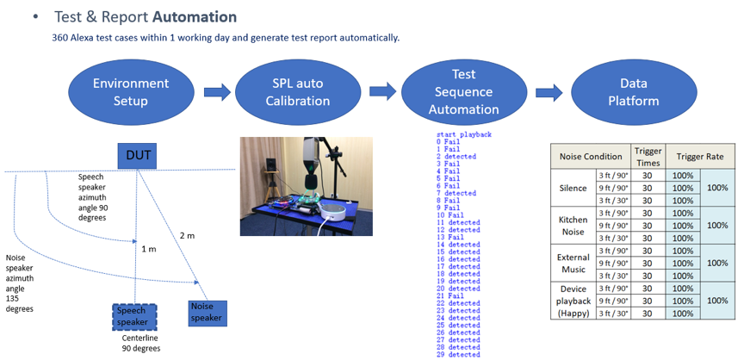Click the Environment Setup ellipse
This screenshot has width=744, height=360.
click(131, 92)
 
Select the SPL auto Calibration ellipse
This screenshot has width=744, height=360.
click(296, 92)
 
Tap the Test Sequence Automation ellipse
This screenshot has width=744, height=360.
click(463, 92)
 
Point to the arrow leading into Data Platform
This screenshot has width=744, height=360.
click(549, 92)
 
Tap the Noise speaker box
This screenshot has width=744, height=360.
click(207, 312)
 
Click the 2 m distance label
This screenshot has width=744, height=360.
click(187, 235)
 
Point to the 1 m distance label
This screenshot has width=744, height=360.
click(148, 249)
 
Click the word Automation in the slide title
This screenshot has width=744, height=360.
click(195, 16)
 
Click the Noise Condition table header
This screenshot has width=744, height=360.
click(590, 157)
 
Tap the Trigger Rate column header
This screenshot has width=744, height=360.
click(700, 157)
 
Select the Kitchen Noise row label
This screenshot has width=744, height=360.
click(573, 226)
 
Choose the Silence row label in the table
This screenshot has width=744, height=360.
click(573, 188)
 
